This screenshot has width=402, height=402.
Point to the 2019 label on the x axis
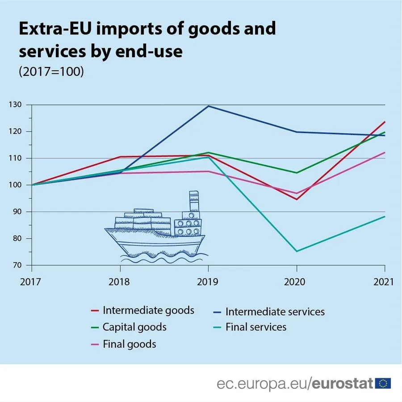click(208, 282)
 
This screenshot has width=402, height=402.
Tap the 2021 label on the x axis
click(383, 282)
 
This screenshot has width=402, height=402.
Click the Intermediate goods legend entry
click(148, 310)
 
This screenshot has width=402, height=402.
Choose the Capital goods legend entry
click(134, 327)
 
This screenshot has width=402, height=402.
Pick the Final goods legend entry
click(129, 344)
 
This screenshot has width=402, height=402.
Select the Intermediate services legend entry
click(275, 311)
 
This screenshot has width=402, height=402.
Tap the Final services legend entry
click(255, 327)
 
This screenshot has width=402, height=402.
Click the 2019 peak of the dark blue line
click(208, 106)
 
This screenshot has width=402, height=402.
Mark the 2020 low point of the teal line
click(297, 251)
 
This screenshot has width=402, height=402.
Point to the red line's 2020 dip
click(297, 199)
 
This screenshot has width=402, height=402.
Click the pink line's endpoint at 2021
click(385, 152)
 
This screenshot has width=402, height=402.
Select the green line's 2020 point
click(297, 173)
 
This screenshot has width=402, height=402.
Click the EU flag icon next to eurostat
click(383, 383)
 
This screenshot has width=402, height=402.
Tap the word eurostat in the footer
click(342, 383)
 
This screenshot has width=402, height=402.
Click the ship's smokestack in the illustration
click(194, 201)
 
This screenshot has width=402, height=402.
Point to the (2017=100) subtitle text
click(51, 72)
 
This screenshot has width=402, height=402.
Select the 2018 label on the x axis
click(120, 282)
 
